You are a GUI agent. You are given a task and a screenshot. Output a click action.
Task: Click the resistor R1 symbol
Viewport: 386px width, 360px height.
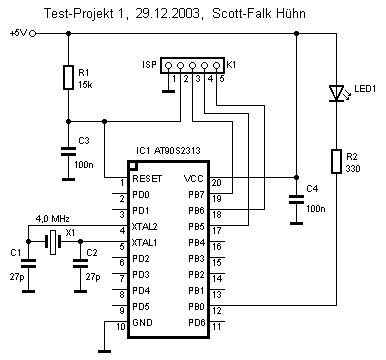68,77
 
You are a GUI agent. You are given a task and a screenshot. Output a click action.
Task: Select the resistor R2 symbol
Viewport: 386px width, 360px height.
336,162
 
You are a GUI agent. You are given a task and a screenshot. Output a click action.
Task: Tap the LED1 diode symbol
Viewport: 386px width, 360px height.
336,93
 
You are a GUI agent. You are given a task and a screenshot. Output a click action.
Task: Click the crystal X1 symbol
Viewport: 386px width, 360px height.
53,242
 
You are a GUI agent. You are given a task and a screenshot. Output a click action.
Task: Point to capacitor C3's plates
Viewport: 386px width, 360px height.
68,152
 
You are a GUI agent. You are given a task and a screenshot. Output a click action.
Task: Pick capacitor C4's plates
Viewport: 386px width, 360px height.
296,200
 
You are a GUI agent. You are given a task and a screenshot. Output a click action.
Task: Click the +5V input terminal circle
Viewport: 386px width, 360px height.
33,34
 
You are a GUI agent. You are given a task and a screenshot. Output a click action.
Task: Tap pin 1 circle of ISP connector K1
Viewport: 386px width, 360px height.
168,65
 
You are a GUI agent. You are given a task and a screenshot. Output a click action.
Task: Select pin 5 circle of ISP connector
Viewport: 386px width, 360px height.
217,65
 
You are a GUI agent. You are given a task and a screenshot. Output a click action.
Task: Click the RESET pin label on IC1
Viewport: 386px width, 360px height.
147,179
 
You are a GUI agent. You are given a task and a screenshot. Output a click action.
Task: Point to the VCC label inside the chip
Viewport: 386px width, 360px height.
194,179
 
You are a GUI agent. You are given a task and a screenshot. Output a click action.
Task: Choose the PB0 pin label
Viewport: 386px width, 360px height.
196,306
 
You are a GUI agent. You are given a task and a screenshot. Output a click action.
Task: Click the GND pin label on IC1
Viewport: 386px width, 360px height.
142,322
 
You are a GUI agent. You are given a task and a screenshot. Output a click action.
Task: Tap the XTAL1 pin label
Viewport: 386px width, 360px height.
144,243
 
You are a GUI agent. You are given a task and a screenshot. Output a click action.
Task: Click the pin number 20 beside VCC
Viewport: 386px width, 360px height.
217,183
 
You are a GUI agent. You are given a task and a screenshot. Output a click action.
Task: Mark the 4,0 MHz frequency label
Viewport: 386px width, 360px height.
53,219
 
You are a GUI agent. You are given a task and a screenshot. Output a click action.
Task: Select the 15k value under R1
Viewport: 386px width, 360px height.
85,85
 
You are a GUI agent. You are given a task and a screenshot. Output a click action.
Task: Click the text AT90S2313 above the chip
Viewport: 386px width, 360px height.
177,151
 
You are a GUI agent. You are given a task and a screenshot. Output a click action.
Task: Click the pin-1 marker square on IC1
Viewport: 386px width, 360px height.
133,166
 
